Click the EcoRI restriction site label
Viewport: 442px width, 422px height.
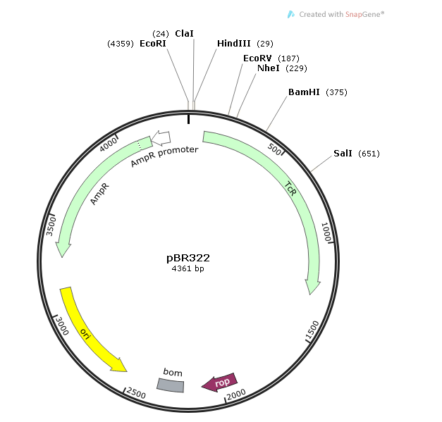pyautogui.click(x=152, y=44)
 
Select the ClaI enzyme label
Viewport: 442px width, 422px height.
pyautogui.click(x=184, y=33)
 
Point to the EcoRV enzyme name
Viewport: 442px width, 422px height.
pyautogui.click(x=257, y=58)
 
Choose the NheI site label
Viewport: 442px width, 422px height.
pyautogui.click(x=269, y=68)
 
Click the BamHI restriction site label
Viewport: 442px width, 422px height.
pyautogui.click(x=304, y=92)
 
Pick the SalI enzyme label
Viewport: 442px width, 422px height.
pyautogui.click(x=343, y=154)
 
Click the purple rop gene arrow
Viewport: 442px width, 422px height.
pyautogui.click(x=220, y=382)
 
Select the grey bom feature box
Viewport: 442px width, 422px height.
pyautogui.click(x=171, y=385)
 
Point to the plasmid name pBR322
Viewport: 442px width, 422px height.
pyautogui.click(x=188, y=258)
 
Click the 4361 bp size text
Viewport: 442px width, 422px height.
pyautogui.click(x=188, y=268)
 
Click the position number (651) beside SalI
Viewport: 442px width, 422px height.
pyautogui.click(x=369, y=154)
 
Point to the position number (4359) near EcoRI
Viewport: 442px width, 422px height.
pyautogui.click(x=121, y=44)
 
